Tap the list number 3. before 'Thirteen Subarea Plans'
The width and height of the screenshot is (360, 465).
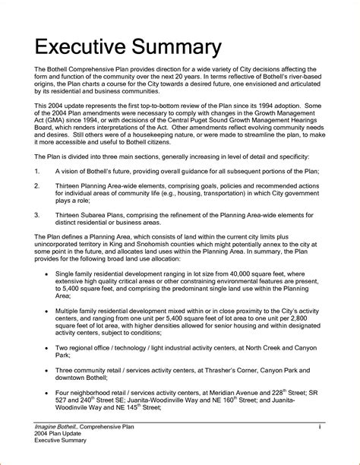(38, 236)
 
